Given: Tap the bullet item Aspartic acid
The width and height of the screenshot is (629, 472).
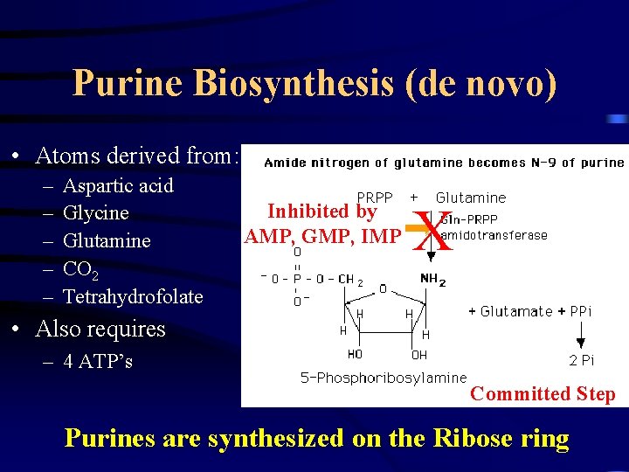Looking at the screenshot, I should [118, 185].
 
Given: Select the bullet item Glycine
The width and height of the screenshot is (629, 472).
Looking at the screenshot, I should [96, 213].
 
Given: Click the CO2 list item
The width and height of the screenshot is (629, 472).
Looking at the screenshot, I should [79, 269].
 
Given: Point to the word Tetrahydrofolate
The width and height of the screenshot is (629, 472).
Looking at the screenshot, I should [133, 297].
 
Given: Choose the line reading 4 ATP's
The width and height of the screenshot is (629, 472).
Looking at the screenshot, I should [98, 361].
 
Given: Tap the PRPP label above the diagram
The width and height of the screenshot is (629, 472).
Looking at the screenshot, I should [375, 198].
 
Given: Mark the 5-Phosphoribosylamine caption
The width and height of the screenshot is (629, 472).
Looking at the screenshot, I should [371, 378].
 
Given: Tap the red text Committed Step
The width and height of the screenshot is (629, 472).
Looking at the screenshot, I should [543, 394].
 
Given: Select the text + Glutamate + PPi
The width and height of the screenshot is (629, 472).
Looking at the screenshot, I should [529, 311].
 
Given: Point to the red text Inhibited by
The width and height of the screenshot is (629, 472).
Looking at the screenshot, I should [321, 212].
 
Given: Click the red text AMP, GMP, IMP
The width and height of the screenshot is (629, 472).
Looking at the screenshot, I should [322, 236].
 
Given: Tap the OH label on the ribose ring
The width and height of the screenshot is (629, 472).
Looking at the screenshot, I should [420, 355].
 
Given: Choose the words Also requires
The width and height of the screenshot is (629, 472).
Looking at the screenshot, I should [100, 330].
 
